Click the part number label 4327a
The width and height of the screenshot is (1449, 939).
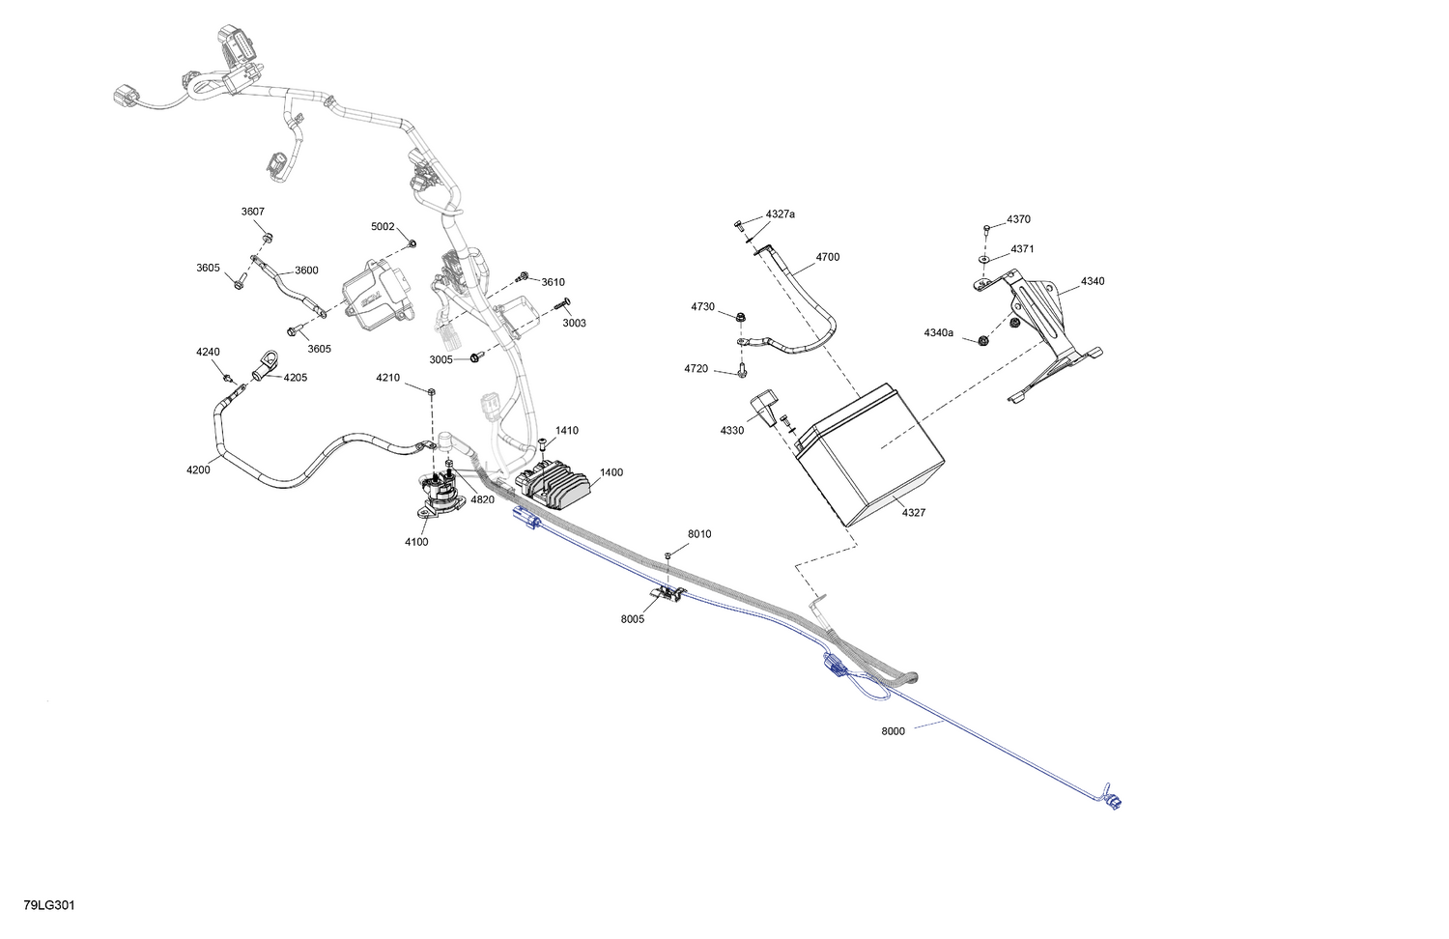point(781,214)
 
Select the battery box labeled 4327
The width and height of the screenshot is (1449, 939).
point(869,454)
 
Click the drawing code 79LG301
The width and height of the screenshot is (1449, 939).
point(49,905)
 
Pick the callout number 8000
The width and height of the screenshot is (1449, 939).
point(893,730)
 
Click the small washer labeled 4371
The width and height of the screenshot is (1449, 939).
point(983,259)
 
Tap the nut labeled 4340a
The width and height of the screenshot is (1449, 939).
point(983,340)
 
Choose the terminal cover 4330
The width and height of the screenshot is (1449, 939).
point(764,408)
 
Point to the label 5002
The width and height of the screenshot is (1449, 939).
point(383,226)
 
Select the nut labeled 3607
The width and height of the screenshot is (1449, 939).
point(267,238)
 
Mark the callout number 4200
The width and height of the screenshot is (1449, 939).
point(198,470)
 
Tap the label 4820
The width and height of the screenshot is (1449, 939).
point(483,499)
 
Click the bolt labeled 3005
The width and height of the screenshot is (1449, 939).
point(474,357)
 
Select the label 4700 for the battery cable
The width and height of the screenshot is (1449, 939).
point(827,257)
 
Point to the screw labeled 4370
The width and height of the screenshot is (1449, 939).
point(986,228)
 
